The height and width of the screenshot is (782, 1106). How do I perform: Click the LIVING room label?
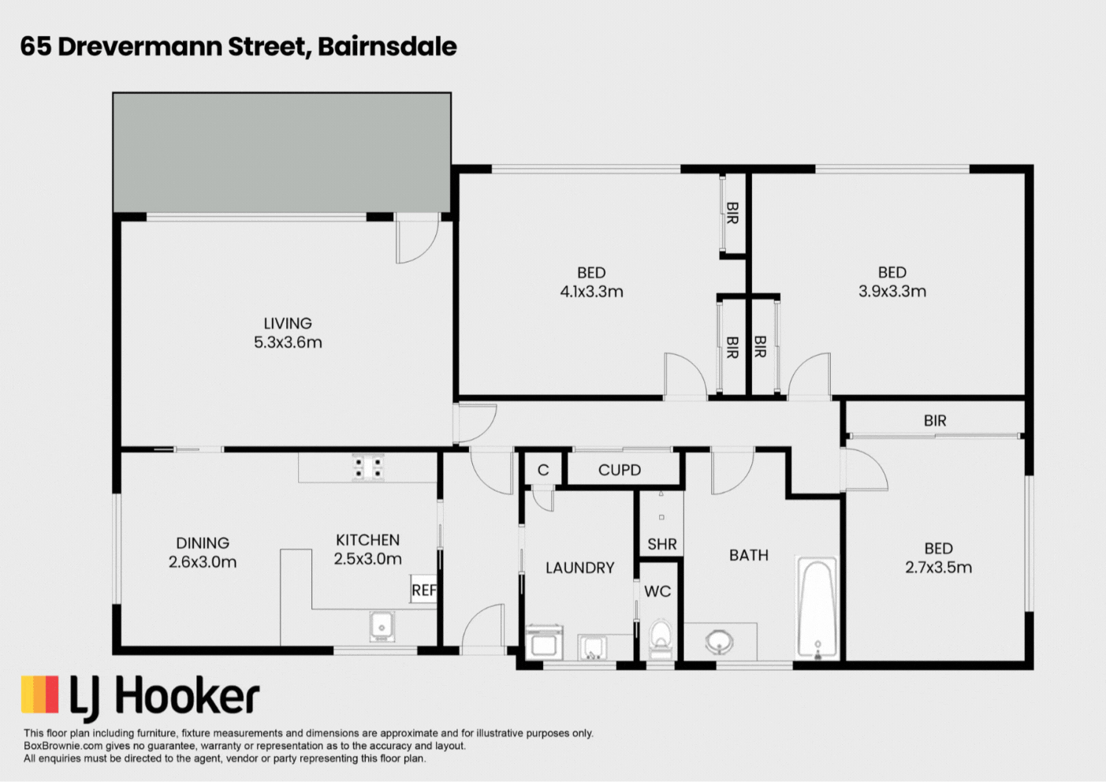click(288, 323)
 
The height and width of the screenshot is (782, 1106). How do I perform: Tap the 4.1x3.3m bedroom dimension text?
click(591, 292)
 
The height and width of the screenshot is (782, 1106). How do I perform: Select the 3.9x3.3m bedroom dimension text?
click(892, 291)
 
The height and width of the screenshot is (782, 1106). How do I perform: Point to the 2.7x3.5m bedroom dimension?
click(938, 568)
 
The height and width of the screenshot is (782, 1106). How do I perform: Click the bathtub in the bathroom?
click(817, 608)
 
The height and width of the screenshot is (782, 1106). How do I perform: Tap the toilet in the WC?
click(661, 638)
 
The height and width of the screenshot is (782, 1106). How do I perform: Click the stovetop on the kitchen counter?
click(368, 467)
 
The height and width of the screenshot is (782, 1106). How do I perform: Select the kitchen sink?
click(382, 627)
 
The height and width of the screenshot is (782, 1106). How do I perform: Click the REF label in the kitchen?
click(423, 590)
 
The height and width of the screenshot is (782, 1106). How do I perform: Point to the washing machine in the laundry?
click(545, 642)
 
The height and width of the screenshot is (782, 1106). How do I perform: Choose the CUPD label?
click(620, 470)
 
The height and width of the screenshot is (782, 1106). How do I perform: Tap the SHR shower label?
click(661, 544)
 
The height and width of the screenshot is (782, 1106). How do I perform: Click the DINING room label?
click(203, 543)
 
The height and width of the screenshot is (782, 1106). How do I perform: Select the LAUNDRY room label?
click(579, 568)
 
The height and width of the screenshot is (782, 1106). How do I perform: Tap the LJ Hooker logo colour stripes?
click(40, 694)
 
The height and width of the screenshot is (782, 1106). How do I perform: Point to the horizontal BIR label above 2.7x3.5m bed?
click(935, 421)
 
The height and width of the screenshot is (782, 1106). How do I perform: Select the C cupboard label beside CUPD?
click(543, 470)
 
